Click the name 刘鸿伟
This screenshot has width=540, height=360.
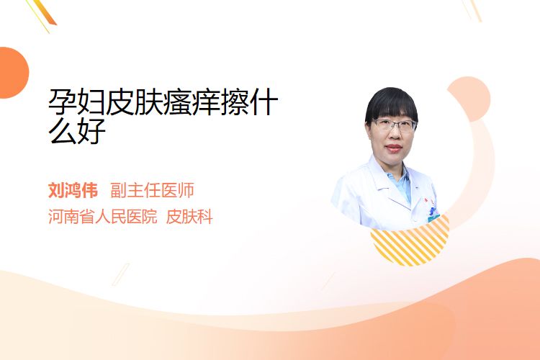click(x=73, y=190)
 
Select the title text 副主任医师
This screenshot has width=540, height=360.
click(x=152, y=190)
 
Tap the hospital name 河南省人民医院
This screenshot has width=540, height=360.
click(x=103, y=217)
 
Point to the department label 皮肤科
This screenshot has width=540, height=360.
click(x=189, y=217)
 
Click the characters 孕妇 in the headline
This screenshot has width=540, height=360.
click(x=76, y=102)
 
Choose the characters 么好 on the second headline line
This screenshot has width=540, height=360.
click(x=76, y=131)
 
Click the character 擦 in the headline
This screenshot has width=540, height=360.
click(x=235, y=102)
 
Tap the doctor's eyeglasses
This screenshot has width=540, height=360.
click(x=394, y=125)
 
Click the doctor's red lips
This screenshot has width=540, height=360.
click(x=394, y=148)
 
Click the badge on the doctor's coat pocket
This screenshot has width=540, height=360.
click(x=433, y=214)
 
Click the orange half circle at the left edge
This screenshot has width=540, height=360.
click(x=13, y=73)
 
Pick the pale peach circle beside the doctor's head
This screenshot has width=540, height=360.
click(x=469, y=99)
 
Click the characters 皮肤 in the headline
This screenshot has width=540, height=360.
click(x=134, y=102)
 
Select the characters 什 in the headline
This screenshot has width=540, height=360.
click(x=264, y=102)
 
